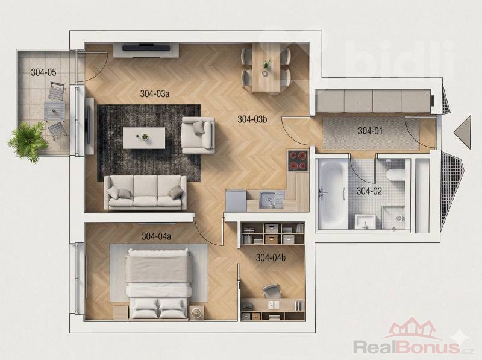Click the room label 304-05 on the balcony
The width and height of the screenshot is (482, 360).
tap(43, 72)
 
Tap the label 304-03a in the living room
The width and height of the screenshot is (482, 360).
tap(155, 93)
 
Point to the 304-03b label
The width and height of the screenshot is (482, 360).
tap(252, 119)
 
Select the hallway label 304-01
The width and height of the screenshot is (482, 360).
tap(370, 131)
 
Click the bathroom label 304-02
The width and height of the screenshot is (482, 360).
tap(369, 191)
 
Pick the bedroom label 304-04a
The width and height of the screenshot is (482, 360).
tap(156, 236)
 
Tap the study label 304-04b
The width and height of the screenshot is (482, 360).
tap(271, 258)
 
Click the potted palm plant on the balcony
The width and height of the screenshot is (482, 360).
tap(28, 142)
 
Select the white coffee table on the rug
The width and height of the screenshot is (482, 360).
tap(144, 138)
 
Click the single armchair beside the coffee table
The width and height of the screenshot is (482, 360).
tap(198, 135)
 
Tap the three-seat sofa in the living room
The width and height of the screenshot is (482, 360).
tap(145, 192)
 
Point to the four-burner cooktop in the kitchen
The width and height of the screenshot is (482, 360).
tap(298, 160)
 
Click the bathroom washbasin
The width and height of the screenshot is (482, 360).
tap(365, 221)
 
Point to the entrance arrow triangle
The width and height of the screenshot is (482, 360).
tap(463, 132)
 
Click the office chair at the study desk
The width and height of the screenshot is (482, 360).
tap(272, 291)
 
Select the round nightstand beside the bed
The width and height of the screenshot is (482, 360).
tap(197, 312)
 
